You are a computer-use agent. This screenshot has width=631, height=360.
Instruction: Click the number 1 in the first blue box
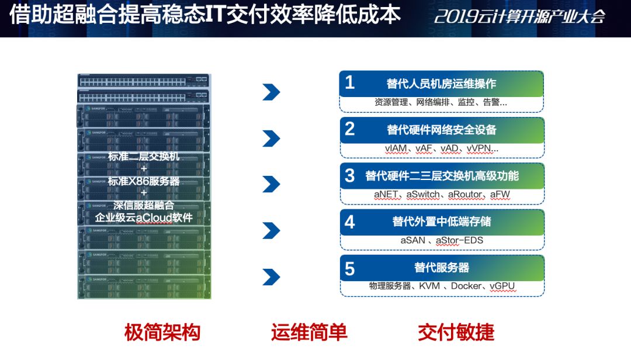click(x=350, y=82)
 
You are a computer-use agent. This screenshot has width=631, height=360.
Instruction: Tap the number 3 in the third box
click(x=350, y=175)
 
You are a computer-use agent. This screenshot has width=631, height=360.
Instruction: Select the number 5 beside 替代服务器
click(x=350, y=269)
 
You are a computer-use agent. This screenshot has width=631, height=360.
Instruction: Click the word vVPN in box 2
click(x=479, y=148)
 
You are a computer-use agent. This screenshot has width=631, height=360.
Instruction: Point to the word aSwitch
click(x=423, y=195)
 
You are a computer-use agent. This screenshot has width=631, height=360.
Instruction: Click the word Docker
click(x=466, y=286)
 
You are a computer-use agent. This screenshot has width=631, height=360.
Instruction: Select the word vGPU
click(x=502, y=286)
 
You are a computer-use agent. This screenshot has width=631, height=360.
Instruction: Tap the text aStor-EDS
click(x=459, y=240)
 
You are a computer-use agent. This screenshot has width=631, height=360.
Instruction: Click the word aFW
click(x=500, y=195)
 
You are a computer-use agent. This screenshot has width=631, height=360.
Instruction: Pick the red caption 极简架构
click(x=162, y=333)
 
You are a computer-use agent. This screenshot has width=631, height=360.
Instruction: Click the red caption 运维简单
click(x=309, y=333)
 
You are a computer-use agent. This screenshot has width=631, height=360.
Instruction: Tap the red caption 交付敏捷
click(x=456, y=333)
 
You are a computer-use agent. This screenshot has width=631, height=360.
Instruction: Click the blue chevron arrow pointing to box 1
click(x=271, y=92)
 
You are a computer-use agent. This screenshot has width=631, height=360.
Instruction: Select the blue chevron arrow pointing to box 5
click(x=271, y=277)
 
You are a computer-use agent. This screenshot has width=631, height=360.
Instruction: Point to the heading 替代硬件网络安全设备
click(x=442, y=130)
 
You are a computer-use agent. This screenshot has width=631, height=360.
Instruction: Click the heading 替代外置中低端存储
click(x=442, y=221)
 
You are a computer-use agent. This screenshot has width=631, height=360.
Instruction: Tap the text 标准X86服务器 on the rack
click(x=144, y=181)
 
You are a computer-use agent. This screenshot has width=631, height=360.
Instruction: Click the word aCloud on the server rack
click(x=154, y=218)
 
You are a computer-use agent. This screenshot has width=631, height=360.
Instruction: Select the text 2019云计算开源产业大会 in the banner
click(x=519, y=16)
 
